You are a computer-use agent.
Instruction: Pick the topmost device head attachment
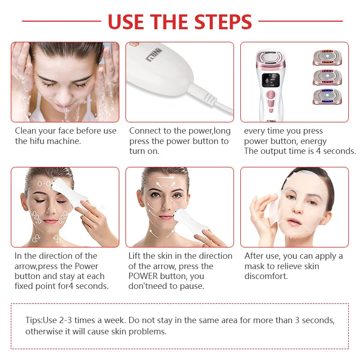[x=327, y=58]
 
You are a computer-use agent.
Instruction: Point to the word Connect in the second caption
[x=145, y=131]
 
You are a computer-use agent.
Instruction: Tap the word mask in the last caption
[x=255, y=266]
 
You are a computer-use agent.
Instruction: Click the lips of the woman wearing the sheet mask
[x=294, y=222]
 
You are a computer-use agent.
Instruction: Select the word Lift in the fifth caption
[x=135, y=256]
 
